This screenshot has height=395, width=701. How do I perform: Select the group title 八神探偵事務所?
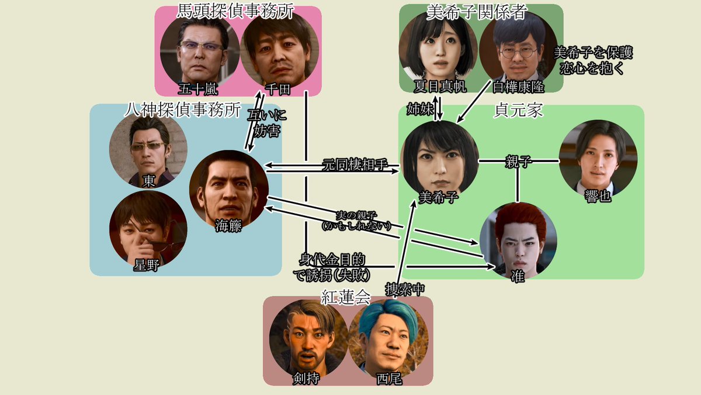183,109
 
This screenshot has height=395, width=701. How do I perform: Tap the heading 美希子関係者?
478,12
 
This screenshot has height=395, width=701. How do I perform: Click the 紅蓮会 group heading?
346,297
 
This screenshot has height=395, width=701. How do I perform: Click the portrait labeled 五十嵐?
200,50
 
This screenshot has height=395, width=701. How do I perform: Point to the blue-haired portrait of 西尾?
388,339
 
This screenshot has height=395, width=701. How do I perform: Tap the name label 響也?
598,197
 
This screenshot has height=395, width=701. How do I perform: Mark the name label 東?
150,181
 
